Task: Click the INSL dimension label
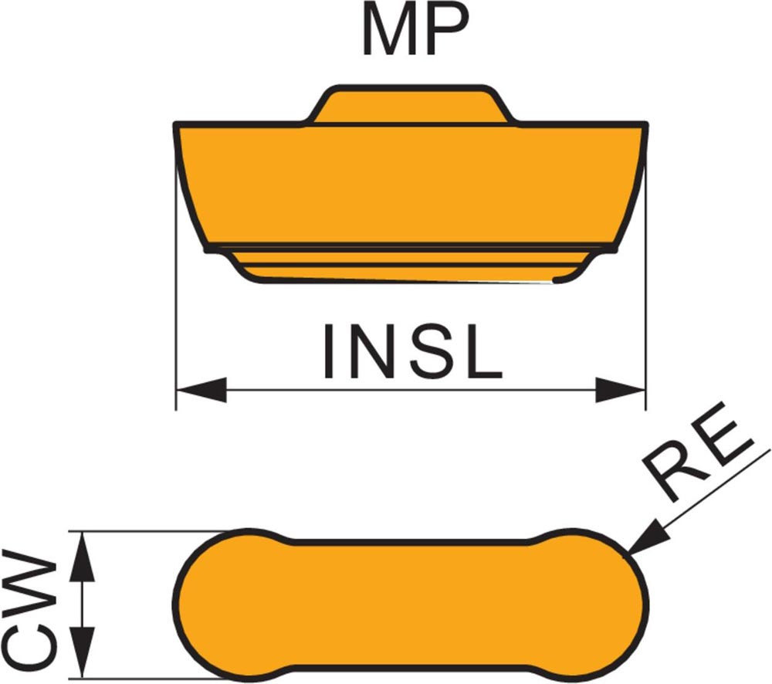pyautogui.click(x=413, y=352)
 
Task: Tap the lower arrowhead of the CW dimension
pyautogui.click(x=83, y=656)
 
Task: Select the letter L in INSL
pyautogui.click(x=484, y=352)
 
